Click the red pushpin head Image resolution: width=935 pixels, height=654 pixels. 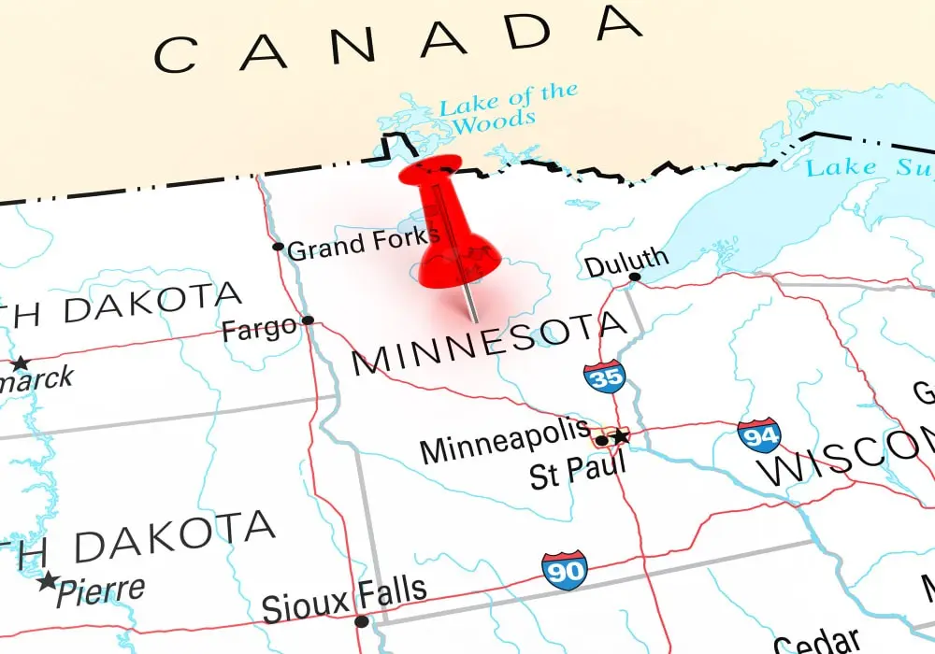(432, 178)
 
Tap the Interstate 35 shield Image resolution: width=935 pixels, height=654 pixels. (604, 376)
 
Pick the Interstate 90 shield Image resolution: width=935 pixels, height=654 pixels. (564, 569)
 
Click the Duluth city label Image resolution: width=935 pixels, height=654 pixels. (626, 261)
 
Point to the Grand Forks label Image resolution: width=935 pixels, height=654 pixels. (363, 245)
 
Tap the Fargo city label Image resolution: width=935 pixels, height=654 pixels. (259, 329)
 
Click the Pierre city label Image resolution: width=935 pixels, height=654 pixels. (100, 590)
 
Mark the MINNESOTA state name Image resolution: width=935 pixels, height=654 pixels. (487, 343)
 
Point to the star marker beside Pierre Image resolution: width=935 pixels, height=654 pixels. (48, 581)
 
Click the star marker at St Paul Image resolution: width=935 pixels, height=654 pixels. (620, 436)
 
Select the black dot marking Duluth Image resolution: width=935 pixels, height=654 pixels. (635, 277)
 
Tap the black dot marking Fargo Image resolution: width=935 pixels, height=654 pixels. (308, 320)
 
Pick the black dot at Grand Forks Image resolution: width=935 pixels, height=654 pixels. (278, 247)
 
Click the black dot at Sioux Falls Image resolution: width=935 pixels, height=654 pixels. (362, 621)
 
